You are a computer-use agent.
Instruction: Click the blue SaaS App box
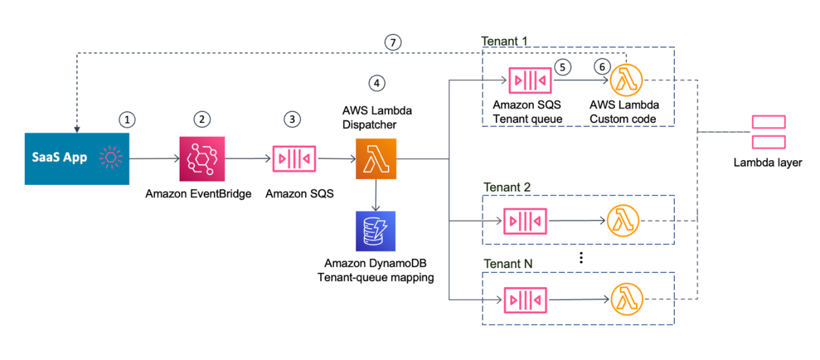pyautogui.click(x=77, y=158)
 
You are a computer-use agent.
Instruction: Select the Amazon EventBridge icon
pyautogui.click(x=202, y=158)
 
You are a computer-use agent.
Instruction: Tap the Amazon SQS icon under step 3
pyautogui.click(x=294, y=158)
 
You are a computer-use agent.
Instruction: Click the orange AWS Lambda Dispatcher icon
pyautogui.click(x=376, y=158)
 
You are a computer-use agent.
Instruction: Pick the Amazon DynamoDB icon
pyautogui.click(x=376, y=231)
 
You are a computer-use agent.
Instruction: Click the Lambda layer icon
pyautogui.click(x=768, y=132)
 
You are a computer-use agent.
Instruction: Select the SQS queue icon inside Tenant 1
pyautogui.click(x=530, y=81)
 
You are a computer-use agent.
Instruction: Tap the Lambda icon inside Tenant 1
pyautogui.click(x=626, y=81)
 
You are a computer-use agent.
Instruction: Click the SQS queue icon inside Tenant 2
pyautogui.click(x=525, y=221)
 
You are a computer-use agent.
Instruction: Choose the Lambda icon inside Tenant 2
pyautogui.click(x=623, y=221)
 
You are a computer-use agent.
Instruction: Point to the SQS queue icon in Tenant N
pyautogui.click(x=525, y=300)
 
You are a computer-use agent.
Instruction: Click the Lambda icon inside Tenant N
pyautogui.click(x=623, y=300)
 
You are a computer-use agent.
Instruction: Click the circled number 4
pyautogui.click(x=376, y=83)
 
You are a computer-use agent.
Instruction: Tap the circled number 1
pyautogui.click(x=128, y=119)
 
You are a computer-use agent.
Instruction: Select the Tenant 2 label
pyautogui.click(x=507, y=187)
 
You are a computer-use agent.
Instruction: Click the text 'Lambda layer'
pyautogui.click(x=768, y=163)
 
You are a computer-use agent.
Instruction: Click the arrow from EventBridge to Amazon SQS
pyautogui.click(x=247, y=158)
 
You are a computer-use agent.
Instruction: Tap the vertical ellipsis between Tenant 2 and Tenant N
pyautogui.click(x=581, y=257)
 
